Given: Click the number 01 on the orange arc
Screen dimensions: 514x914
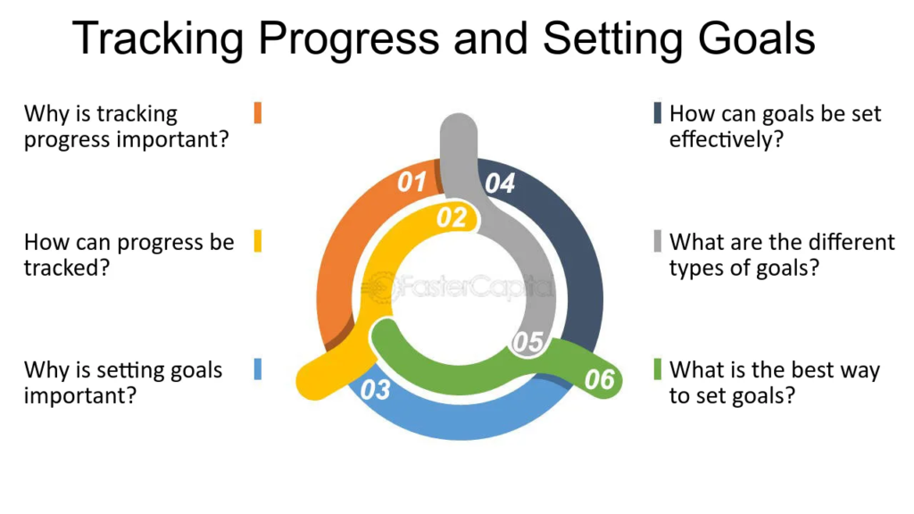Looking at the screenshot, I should coord(411,183).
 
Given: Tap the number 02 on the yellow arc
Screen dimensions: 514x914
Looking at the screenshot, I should coord(452,217).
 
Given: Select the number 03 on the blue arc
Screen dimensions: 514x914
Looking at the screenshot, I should coord(376,390).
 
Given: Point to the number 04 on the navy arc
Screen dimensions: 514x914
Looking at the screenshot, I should coord(500,184).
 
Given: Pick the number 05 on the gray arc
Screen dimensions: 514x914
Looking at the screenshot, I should coord(528,342).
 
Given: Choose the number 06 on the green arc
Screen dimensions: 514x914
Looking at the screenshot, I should coord(600,380).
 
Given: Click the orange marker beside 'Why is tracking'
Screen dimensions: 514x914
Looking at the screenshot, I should coord(257,113).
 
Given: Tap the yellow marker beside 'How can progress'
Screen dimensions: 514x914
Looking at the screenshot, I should coord(257,241).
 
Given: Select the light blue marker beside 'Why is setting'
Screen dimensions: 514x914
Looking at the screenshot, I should coord(257,369).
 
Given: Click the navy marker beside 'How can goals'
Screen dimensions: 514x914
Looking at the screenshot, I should coord(658,113).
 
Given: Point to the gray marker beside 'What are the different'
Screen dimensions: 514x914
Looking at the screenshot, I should coord(658,241).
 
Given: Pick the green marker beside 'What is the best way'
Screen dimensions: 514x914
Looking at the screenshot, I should coord(658,369).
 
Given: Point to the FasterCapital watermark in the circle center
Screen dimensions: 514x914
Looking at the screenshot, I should coord(457,287).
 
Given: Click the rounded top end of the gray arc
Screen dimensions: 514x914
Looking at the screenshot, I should coord(459,128).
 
